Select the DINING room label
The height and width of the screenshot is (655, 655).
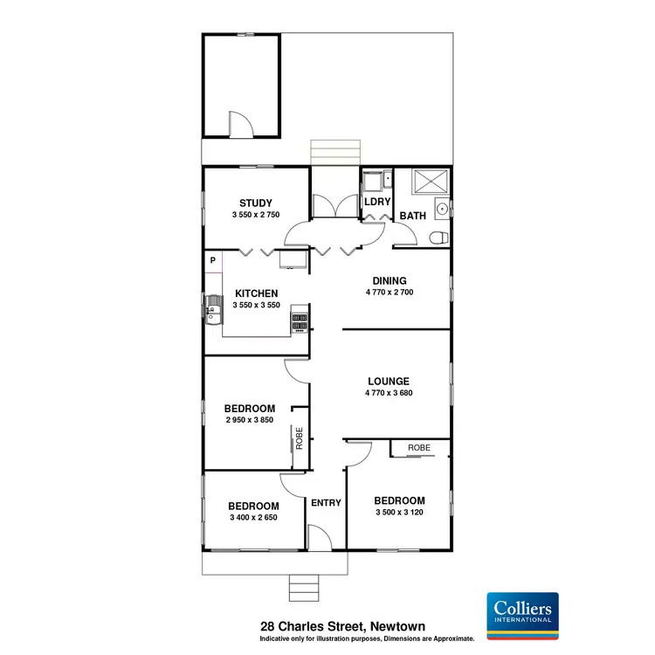point(389,280)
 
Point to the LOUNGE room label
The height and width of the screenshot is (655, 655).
point(389,381)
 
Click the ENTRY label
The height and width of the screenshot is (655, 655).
point(326,502)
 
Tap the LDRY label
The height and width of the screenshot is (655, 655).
point(376,202)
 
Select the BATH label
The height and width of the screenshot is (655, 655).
point(412,215)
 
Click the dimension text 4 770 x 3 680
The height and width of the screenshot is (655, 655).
point(389,393)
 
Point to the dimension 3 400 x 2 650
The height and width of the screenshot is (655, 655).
point(253,518)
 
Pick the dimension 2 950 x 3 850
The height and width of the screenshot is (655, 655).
point(250,420)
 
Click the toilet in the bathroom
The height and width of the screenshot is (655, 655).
point(438,237)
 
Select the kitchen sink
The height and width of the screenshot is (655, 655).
point(212,307)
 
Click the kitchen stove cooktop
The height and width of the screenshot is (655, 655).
point(300,321)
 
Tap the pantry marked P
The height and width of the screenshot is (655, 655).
point(212,260)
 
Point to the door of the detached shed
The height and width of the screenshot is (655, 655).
point(240,124)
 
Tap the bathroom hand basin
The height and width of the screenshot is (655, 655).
point(443,208)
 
